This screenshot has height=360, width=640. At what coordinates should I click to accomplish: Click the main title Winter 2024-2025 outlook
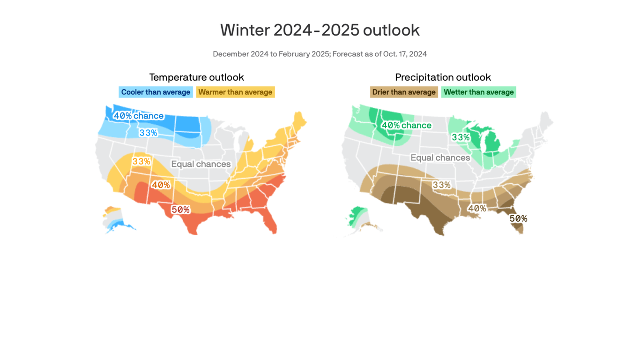click(x=320, y=30)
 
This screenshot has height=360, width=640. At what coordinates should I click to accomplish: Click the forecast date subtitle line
click(x=320, y=54)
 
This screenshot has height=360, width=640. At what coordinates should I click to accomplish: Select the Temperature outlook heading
click(x=196, y=77)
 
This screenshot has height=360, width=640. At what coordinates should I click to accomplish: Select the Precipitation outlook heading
click(x=443, y=77)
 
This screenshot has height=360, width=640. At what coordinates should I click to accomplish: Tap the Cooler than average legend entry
click(x=156, y=92)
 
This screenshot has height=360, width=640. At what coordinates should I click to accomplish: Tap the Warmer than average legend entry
click(x=235, y=92)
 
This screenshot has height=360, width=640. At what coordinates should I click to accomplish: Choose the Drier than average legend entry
click(x=404, y=92)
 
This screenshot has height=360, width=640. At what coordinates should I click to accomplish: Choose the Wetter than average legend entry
click(x=478, y=92)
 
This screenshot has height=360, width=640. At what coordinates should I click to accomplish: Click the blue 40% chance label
click(x=139, y=116)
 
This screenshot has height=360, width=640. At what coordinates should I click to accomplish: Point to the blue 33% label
click(x=148, y=133)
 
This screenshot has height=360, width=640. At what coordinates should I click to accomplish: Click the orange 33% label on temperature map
click(x=141, y=162)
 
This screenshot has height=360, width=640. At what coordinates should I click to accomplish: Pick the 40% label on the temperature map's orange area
click(x=161, y=185)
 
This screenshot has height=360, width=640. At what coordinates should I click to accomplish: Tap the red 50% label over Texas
click(x=180, y=210)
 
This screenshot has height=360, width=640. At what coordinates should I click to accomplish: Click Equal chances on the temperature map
click(x=201, y=164)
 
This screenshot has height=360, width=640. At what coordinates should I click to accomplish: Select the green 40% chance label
click(x=406, y=126)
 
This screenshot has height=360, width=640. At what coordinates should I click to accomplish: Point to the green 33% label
click(x=461, y=137)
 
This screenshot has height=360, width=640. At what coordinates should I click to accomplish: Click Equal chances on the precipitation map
click(x=440, y=158)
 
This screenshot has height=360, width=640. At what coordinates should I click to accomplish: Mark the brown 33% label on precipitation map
click(x=441, y=185)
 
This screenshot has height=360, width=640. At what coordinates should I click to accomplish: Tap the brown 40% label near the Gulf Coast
click(x=477, y=209)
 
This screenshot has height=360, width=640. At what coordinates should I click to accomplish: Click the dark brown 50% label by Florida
click(x=518, y=219)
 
